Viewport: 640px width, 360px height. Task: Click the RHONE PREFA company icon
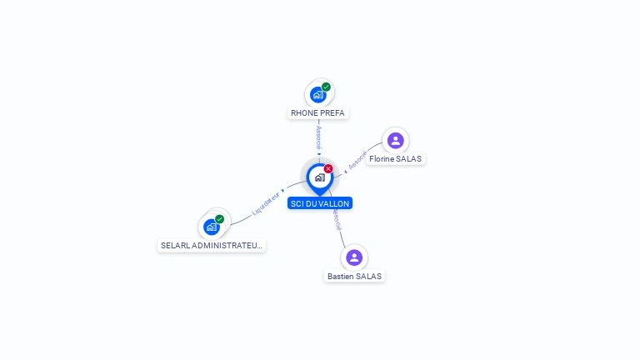click(x=318, y=95)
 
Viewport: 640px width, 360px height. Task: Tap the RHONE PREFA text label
click(x=317, y=112)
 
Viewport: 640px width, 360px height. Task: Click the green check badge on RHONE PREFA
click(x=327, y=87)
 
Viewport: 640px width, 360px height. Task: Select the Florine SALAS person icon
click(x=395, y=140)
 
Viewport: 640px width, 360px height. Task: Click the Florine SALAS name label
click(x=395, y=159)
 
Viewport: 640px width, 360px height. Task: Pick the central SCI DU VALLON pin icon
click(x=319, y=177)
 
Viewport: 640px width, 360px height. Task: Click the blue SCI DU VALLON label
click(x=320, y=203)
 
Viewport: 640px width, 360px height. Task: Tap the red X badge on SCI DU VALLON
click(x=328, y=169)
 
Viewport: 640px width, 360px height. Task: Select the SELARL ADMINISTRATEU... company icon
click(x=212, y=227)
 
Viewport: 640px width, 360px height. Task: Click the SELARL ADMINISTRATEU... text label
click(x=212, y=246)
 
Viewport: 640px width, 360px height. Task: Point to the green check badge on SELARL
click(x=220, y=219)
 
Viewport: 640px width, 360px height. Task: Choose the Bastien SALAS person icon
click(x=354, y=257)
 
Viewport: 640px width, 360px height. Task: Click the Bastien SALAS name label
click(x=355, y=276)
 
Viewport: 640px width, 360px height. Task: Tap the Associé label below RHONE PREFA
click(x=318, y=137)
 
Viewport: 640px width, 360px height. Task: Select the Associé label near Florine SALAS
click(x=357, y=160)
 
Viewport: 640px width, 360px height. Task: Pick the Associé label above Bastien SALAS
click(x=336, y=219)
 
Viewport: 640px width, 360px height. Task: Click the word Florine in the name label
click(x=381, y=159)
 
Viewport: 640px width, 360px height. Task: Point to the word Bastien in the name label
click(x=341, y=276)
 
